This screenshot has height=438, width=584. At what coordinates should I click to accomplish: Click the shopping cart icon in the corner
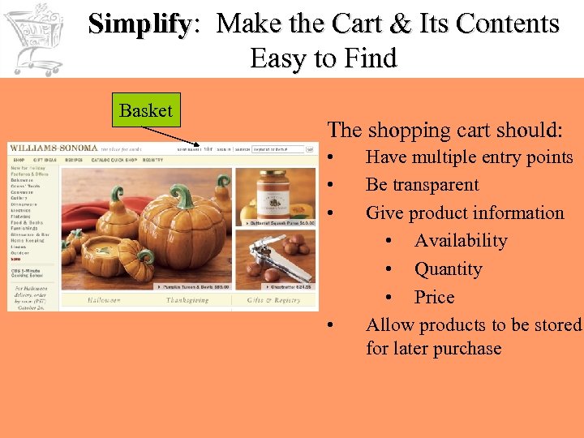[x=34, y=37]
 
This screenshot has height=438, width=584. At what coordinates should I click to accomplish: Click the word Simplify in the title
[x=139, y=24]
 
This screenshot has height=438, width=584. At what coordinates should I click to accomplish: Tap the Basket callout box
[x=146, y=111]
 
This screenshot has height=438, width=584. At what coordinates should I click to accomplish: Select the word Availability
[x=461, y=241]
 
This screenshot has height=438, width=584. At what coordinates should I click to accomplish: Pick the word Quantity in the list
[x=448, y=269]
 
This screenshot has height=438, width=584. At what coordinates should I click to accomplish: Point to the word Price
[x=434, y=297]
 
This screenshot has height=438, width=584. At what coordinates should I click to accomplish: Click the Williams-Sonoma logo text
[x=54, y=148]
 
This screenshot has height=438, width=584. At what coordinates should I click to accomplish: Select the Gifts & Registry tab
[x=276, y=300]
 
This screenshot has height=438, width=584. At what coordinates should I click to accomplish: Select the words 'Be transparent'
[x=422, y=185]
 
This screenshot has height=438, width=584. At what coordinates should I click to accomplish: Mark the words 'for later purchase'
[x=433, y=349]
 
